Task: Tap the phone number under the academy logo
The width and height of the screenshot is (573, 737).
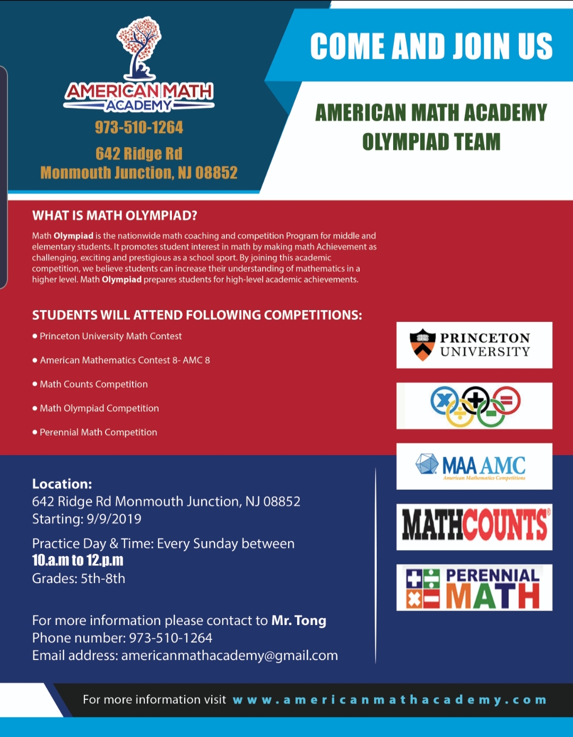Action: [139, 127]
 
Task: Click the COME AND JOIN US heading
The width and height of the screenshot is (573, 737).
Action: [431, 46]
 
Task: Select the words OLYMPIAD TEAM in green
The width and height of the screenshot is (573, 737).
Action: [431, 142]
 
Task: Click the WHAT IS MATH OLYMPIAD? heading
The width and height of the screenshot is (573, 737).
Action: [115, 216]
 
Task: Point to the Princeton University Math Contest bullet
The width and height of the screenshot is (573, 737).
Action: [110, 336]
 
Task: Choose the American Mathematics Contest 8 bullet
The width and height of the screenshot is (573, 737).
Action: [125, 360]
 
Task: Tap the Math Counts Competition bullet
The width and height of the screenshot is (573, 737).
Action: [93, 384]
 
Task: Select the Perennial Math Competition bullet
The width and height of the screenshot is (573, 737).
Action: [98, 432]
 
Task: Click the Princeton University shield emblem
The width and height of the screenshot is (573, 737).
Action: [422, 345]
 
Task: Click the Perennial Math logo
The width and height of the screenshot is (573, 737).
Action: [474, 587]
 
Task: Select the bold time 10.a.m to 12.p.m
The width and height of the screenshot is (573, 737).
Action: [77, 561]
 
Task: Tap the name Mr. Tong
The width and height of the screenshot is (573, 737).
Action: [299, 620]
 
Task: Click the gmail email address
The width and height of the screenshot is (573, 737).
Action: [229, 655]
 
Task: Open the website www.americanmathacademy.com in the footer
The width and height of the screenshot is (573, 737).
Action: [389, 700]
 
